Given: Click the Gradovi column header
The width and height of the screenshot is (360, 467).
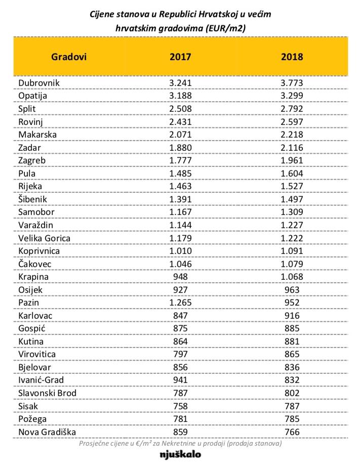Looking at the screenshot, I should pyautogui.click(x=69, y=57).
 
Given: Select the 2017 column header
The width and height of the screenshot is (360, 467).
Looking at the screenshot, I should pyautogui.click(x=180, y=57).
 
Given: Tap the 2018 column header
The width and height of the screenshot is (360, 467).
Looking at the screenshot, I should pyautogui.click(x=292, y=57).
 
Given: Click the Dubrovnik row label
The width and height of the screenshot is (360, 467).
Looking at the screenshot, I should pyautogui.click(x=38, y=82).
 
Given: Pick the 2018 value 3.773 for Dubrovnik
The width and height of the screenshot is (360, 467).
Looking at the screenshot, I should pyautogui.click(x=292, y=82).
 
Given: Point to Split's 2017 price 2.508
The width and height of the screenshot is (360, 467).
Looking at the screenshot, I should pyautogui.click(x=180, y=109).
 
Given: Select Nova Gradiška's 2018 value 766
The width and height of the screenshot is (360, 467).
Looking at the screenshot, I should pyautogui.click(x=292, y=432).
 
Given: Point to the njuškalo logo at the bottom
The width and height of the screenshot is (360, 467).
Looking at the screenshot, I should pyautogui.click(x=180, y=454).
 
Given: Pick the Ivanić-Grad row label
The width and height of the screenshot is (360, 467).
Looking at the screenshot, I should pyautogui.click(x=42, y=379).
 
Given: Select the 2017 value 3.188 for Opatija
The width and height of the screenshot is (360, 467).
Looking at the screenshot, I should pyautogui.click(x=180, y=96).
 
